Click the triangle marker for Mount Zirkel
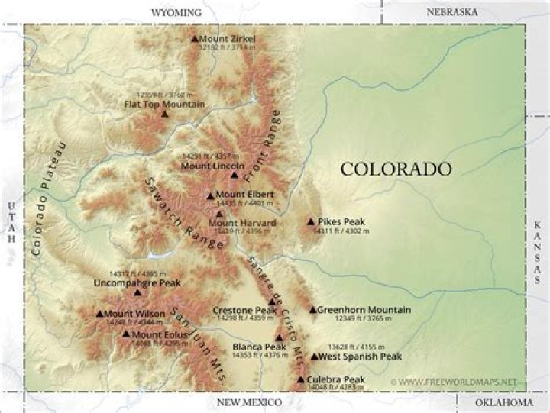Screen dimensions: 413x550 point(195,38)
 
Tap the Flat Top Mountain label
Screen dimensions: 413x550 point(164,104)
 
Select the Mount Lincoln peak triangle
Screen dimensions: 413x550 point(235,175)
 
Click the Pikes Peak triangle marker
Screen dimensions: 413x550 point(311,222)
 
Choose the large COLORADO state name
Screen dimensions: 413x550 point(396,169)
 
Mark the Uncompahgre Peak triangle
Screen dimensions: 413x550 point(137,292)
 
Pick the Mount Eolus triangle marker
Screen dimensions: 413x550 point(126,334)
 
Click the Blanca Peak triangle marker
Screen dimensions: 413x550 point(279,337)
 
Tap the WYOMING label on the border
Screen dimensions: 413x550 point(176,12)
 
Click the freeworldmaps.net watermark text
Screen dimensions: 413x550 point(458,381)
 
